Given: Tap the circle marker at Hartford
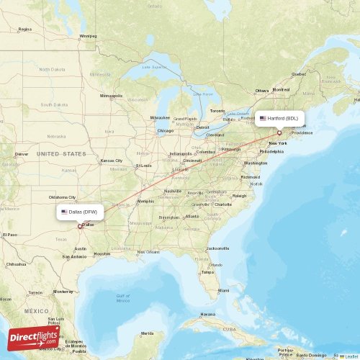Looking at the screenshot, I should (279, 132).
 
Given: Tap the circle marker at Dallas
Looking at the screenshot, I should (80, 226).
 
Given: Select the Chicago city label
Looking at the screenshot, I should (166, 131).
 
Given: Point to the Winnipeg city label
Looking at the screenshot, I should (88, 35).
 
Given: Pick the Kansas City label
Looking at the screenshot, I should (111, 161).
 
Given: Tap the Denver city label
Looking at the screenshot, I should (22, 154).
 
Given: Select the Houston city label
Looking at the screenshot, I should (102, 253).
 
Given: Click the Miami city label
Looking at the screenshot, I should (224, 289).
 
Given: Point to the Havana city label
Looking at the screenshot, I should (207, 315).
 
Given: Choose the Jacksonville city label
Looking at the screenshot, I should (217, 248).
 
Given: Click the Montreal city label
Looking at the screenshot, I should (281, 89).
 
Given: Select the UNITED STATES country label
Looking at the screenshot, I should (61, 154).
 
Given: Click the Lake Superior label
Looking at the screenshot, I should (153, 68).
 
